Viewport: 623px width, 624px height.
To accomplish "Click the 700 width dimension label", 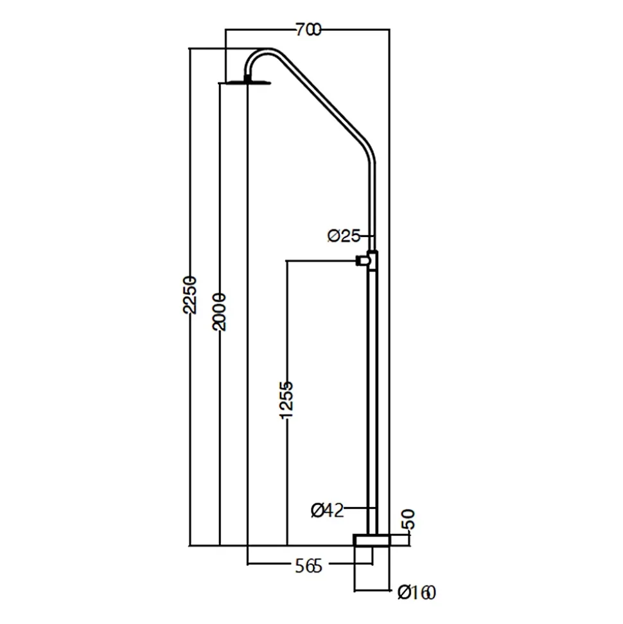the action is pyautogui.click(x=308, y=30).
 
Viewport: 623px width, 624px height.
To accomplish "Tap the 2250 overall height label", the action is pyautogui.click(x=189, y=294).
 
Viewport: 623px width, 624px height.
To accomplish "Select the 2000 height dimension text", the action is pyautogui.click(x=219, y=312).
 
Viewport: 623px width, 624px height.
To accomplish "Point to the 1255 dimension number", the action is pyautogui.click(x=286, y=400).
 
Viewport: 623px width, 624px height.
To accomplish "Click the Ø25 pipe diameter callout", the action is pyautogui.click(x=344, y=236).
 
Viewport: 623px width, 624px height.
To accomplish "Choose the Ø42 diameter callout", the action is pyautogui.click(x=327, y=510).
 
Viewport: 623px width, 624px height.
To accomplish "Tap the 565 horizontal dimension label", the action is pyautogui.click(x=308, y=566).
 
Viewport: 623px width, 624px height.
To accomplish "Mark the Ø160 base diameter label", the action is pyautogui.click(x=417, y=593).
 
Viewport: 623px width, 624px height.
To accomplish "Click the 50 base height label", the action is pyautogui.click(x=409, y=519).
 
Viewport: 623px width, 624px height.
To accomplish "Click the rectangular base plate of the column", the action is pyautogui.click(x=372, y=540).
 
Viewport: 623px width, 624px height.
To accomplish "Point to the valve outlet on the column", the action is pyautogui.click(x=364, y=261).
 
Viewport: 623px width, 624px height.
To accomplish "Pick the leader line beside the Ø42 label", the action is pyautogui.click(x=359, y=508).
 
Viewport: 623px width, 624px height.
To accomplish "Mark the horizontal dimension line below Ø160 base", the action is pyautogui.click(x=372, y=590).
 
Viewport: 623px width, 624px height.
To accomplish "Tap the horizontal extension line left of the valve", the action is pyautogui.click(x=321, y=261).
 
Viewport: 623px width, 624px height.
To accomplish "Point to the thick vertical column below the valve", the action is pyautogui.click(x=372, y=402).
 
